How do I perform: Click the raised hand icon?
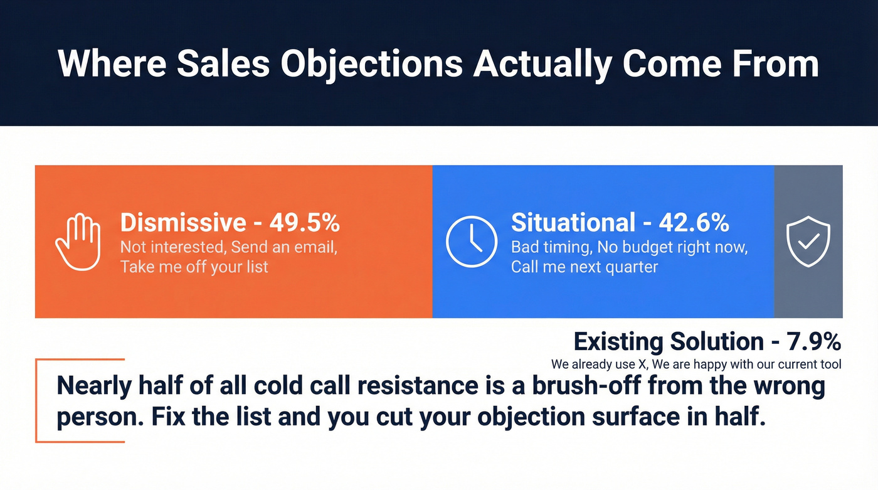(78, 242)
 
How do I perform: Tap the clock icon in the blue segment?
(471, 242)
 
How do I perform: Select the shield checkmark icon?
(808, 242)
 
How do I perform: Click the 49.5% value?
(305, 223)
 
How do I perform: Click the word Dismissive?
(183, 223)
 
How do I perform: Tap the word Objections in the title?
(370, 64)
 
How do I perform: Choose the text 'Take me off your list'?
(194, 267)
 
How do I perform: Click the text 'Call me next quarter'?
(584, 267)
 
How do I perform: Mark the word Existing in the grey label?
(618, 342)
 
